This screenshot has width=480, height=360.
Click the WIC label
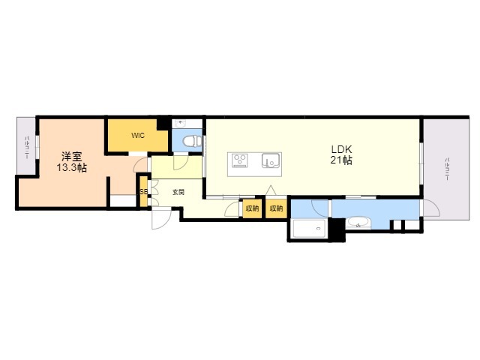tap(138, 136)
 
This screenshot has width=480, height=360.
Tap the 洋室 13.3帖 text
tap(72, 162)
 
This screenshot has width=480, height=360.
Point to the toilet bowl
tap(190, 141)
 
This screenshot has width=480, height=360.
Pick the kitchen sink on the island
tap(269, 160)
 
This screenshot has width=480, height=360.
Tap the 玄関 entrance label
tap(178, 192)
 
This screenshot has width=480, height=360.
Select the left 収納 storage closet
tap(251, 208)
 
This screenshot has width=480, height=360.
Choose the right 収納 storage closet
tap(276, 208)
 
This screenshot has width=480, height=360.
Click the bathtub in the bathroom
tap(307, 229)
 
